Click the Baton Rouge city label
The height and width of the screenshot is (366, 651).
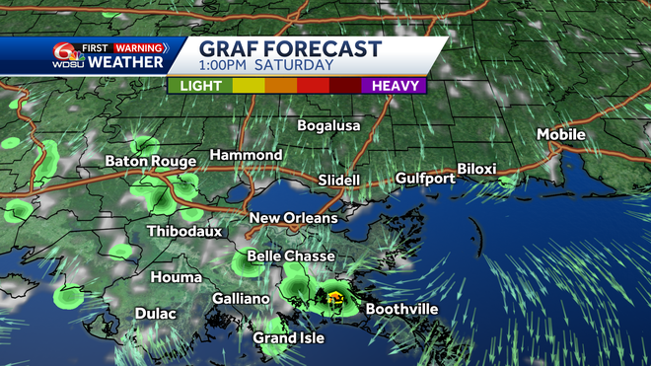[x=150, y=161]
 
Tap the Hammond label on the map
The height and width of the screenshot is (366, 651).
[x=246, y=156]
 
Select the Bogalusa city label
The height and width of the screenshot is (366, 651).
[x=331, y=125]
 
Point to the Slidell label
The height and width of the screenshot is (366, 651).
[x=339, y=181]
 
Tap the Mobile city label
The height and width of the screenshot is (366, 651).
[x=560, y=134]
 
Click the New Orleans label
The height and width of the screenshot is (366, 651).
[x=293, y=218]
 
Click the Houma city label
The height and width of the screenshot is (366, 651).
[x=179, y=277]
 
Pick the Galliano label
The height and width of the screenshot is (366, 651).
[x=241, y=299]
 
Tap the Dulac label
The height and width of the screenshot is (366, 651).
[x=156, y=314]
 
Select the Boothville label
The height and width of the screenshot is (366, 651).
[x=402, y=309]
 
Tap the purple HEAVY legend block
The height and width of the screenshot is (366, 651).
[x=395, y=85]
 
